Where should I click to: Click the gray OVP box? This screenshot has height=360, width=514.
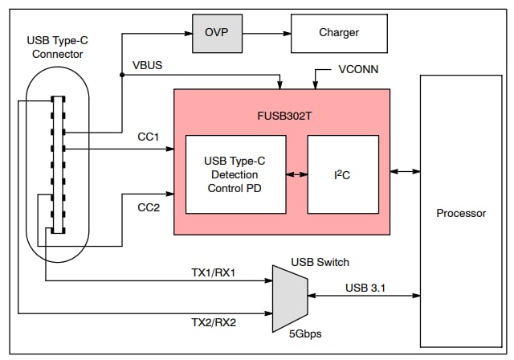tap(217, 33)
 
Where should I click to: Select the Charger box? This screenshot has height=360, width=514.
tap(339, 33)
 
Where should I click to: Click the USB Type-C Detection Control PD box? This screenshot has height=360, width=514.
tap(235, 174)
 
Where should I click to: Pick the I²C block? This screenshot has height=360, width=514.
tap(343, 174)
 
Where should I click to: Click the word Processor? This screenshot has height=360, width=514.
tap(461, 213)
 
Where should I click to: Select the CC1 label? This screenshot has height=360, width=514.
tap(148, 137)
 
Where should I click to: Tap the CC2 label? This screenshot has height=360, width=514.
tap(148, 208)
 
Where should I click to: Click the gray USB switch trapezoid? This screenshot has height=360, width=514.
tap(288, 294)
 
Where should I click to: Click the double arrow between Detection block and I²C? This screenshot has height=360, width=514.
tap(296, 174)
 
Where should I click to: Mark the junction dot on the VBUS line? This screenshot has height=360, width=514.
tap(121, 75)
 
